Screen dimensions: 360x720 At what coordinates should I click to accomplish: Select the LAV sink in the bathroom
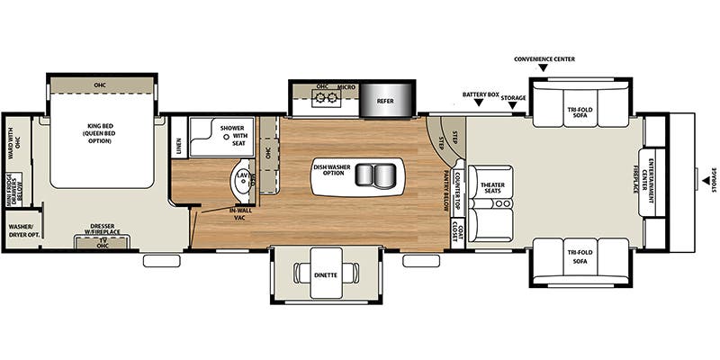tap(241, 177)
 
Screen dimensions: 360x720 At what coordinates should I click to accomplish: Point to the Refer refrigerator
tap(384, 101)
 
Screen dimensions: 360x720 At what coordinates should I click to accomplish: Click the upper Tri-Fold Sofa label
tap(580, 112)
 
